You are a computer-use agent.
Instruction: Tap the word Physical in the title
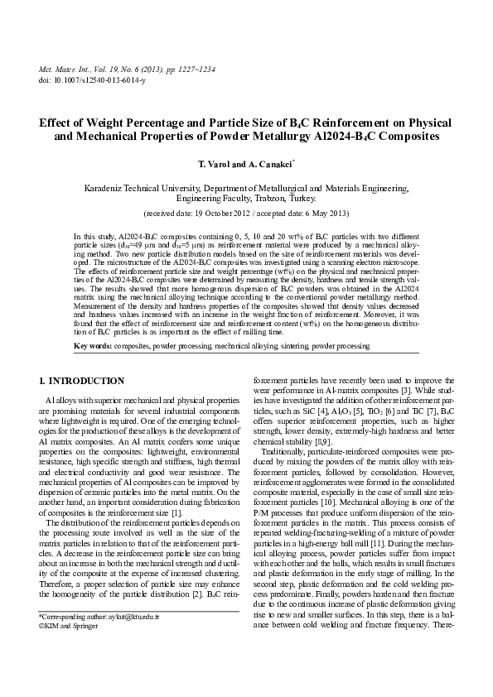pos(427,121)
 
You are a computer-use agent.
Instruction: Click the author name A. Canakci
pos(271,166)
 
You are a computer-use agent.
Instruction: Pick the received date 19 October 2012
pos(234,213)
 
